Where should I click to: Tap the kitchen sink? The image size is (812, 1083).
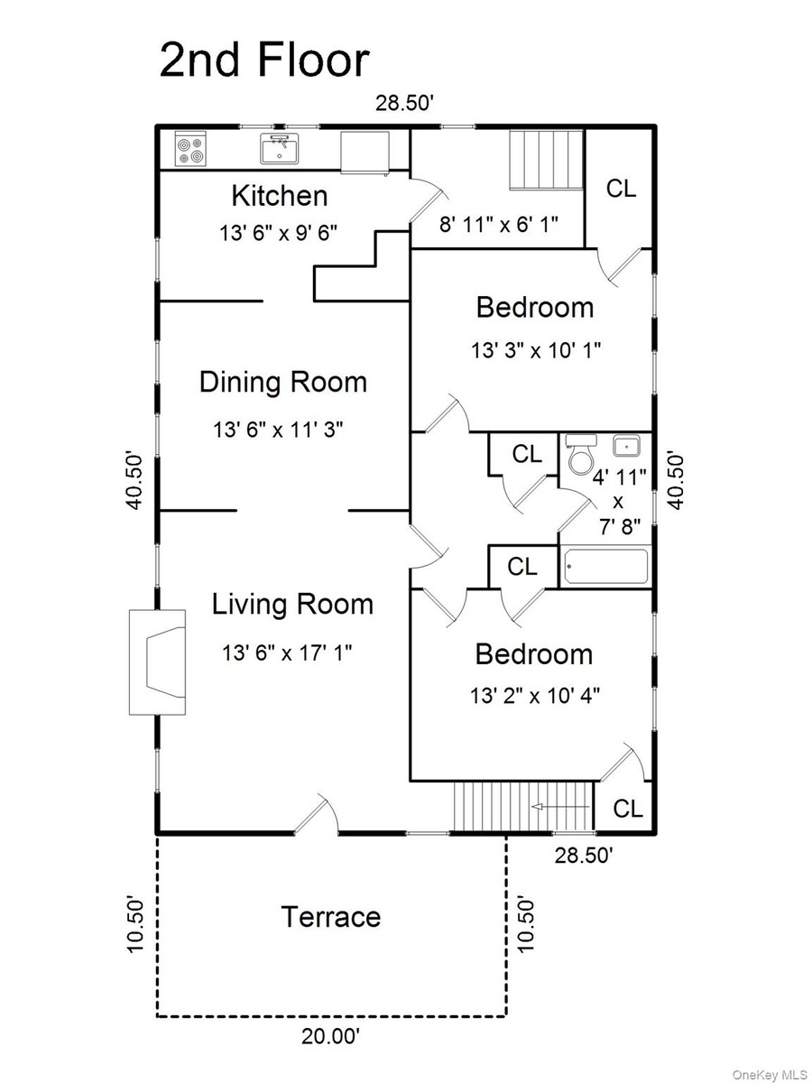coord(280,149)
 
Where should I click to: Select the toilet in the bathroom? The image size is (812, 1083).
coord(581,453)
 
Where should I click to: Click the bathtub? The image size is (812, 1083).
coord(605,567)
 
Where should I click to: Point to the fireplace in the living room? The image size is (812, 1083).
coord(157,662)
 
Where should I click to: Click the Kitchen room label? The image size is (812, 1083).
coord(280,196)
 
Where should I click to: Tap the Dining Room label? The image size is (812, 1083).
coord(283,383)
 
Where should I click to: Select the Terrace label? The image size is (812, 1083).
coord(331,917)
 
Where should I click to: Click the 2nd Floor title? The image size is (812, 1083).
coord(264,60)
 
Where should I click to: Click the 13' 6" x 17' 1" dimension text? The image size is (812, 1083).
coord(287,653)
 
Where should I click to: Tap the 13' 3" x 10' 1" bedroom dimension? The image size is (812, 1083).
coord(537,351)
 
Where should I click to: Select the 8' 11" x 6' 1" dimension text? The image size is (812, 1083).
coord(498,225)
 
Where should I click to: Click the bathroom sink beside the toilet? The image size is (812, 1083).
coord(626,446)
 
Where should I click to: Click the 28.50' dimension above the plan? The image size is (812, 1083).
coord(405,104)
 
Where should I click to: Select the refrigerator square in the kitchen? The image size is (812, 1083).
coord(365,153)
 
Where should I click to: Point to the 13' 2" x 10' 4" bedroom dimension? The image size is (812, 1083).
coord(535,696)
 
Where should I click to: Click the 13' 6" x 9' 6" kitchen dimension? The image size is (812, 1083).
coord(279,233)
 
